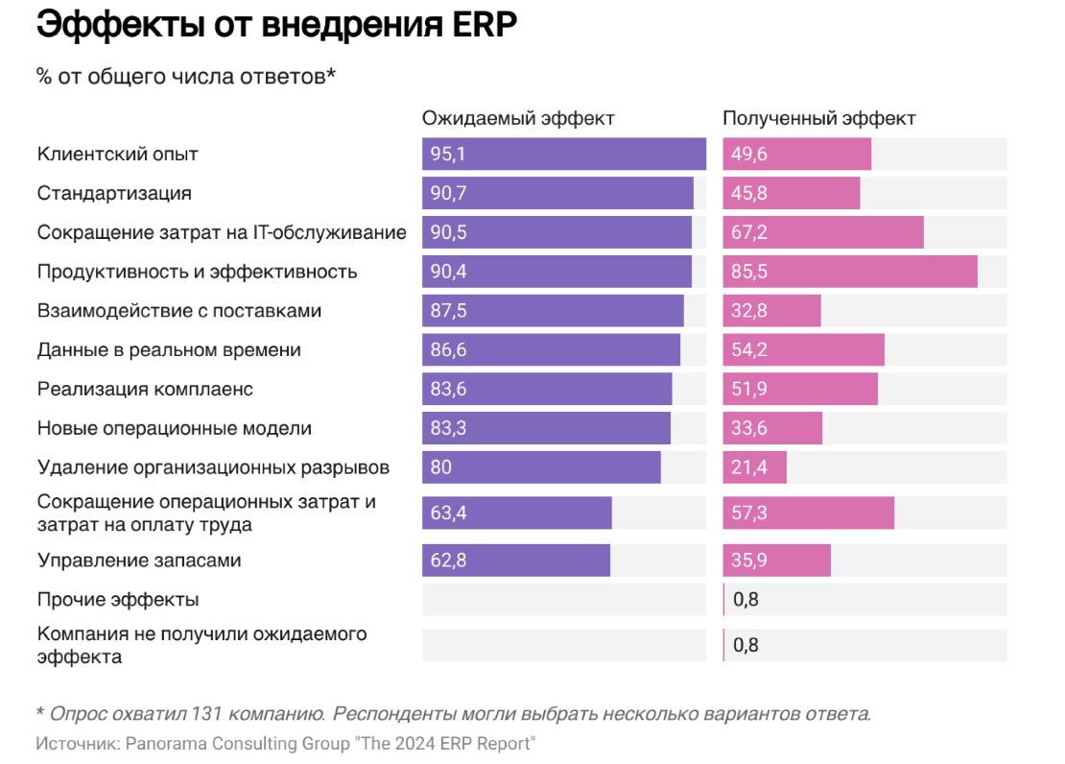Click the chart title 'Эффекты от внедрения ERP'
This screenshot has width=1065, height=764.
pos(276,26)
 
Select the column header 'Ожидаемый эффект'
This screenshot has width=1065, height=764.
pos(518,118)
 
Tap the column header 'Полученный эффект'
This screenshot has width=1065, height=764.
pos(818,118)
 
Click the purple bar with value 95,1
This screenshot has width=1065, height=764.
pos(563,154)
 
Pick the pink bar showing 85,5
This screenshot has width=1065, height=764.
pos(849,272)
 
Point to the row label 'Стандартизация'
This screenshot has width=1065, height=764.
pos(114,193)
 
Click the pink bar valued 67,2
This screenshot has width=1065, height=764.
pos(822,232)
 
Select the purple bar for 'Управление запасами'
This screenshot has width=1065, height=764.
pos(515,561)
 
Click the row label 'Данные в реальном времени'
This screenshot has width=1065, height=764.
pos(169,350)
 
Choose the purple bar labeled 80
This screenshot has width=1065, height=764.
pos(541,467)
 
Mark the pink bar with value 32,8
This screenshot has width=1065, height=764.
pos(771,311)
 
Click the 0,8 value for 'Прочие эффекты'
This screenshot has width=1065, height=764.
pos(745,600)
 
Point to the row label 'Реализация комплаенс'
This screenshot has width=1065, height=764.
pos(145,390)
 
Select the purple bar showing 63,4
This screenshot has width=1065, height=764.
pos(516,513)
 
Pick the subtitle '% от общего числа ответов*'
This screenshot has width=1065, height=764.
pos(186,77)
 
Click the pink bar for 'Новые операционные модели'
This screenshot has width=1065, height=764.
pos(772,428)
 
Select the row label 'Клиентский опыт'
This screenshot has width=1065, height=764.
pos(117,154)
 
